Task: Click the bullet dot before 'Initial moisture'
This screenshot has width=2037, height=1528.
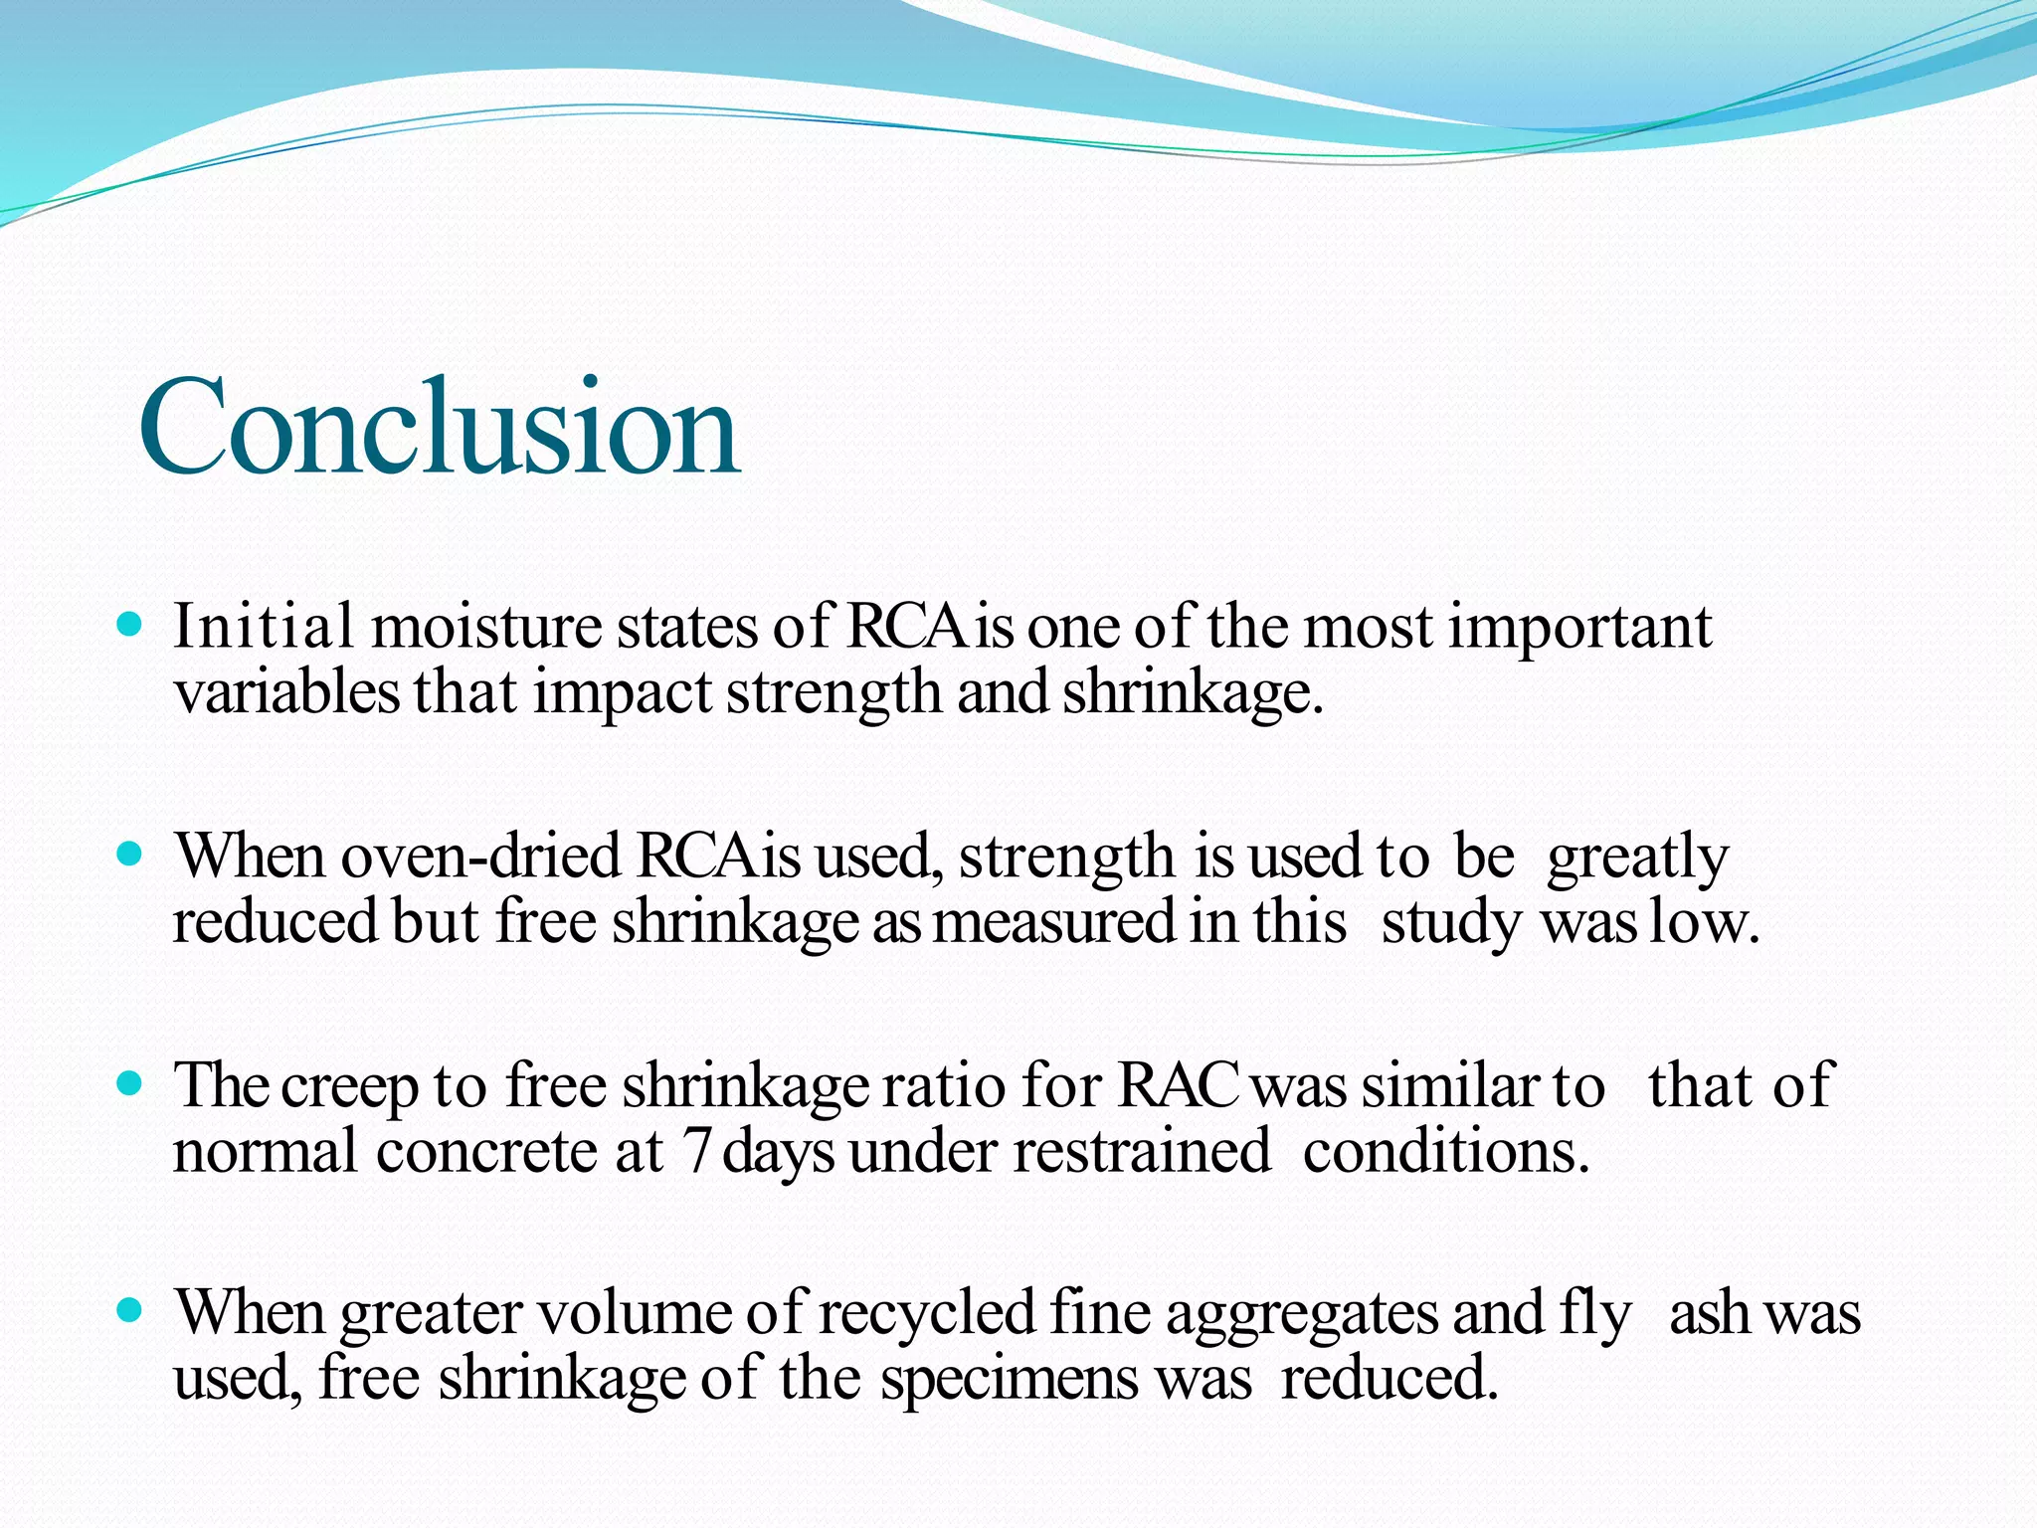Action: (x=130, y=626)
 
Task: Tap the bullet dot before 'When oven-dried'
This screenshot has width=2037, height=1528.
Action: (x=130, y=854)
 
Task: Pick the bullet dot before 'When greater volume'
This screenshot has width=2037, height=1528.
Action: (x=130, y=1310)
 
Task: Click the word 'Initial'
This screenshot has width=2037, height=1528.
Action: (x=264, y=627)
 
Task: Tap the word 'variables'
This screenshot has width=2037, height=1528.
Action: (x=285, y=692)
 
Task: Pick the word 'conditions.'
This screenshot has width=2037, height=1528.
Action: (x=1446, y=1150)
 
